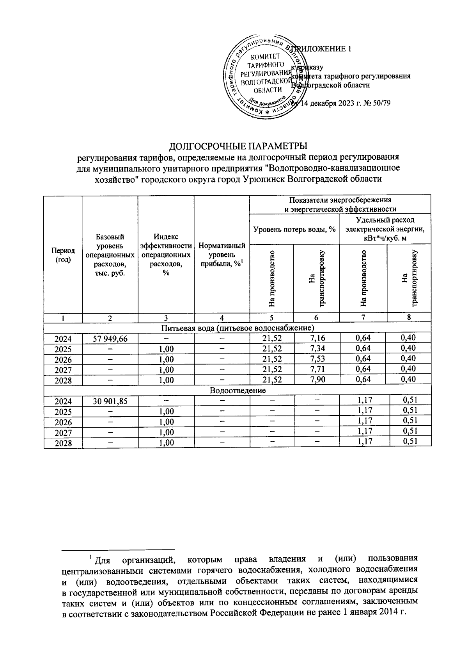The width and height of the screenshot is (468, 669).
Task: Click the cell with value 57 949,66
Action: pos(110,339)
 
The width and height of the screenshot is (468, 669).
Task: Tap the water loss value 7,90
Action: pos(317,379)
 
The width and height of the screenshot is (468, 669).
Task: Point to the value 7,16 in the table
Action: pos(317,338)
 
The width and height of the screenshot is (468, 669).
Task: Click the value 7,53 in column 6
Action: pos(317,359)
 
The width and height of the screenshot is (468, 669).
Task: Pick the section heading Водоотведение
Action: pos(238,390)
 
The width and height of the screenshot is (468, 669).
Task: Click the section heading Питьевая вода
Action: pos(238,327)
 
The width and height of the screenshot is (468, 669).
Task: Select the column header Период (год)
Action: pos(63,255)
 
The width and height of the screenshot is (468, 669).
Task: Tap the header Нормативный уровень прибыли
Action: pos(222,255)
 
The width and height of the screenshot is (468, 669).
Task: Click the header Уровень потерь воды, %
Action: pos(294,229)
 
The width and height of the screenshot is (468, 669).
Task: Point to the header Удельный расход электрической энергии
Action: pos(385,229)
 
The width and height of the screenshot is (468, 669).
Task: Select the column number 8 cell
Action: pos(409,318)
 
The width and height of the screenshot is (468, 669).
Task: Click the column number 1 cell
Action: pos(63,318)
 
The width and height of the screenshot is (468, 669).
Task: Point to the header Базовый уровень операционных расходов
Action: pos(110,255)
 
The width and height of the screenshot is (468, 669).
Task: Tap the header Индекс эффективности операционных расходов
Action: pos(166,255)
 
